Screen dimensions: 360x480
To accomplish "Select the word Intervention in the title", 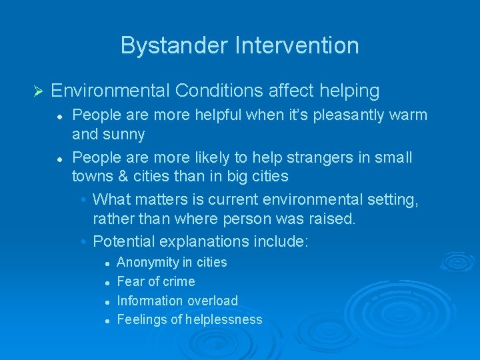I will click(297, 45).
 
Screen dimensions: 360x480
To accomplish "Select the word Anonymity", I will click(145, 263).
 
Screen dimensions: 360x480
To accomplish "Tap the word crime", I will click(178, 281).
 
